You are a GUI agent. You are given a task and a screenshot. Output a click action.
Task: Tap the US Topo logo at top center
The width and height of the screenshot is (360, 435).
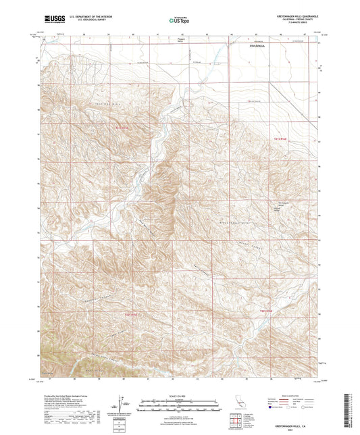tap(180, 20)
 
